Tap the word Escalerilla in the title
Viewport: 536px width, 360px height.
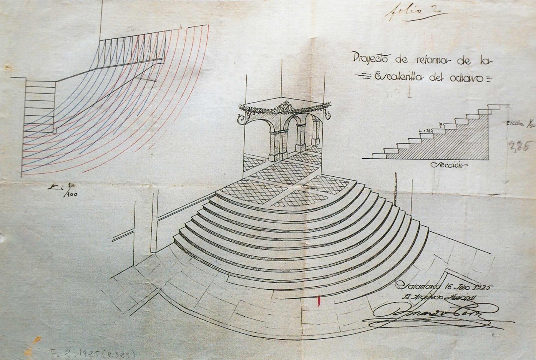pyautogui.click(x=399, y=77)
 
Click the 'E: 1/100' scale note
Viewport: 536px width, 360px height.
pyautogui.click(x=63, y=190)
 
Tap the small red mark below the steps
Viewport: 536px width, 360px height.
pyautogui.click(x=319, y=300)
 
